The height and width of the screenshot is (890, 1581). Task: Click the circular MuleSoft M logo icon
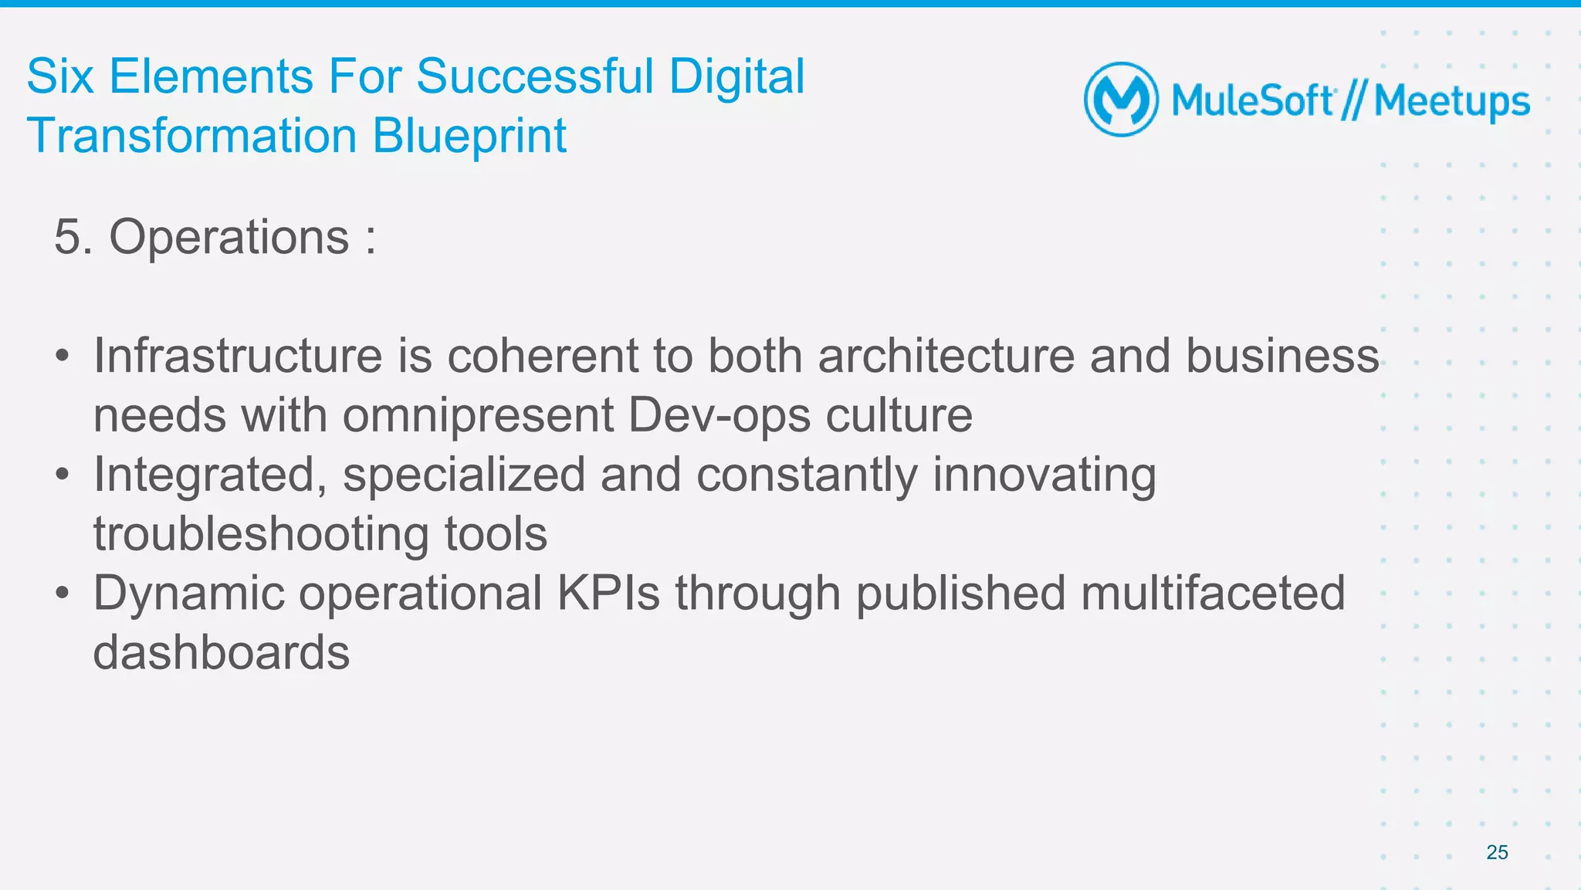[x=1121, y=100]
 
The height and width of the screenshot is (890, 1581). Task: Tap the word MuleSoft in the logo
[x=1251, y=101]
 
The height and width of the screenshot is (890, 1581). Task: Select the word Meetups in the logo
[x=1452, y=103]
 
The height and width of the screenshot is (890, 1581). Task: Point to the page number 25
[x=1497, y=852]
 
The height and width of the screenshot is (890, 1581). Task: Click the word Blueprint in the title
[x=469, y=137]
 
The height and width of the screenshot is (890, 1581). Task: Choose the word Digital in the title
[x=736, y=77]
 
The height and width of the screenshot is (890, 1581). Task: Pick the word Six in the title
[x=60, y=77]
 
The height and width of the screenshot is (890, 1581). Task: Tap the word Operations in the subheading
[x=229, y=237]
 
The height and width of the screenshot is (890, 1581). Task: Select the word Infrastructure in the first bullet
[x=238, y=356]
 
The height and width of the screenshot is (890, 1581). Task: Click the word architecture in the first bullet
[x=946, y=356]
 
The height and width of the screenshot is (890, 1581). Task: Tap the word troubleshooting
[x=261, y=535]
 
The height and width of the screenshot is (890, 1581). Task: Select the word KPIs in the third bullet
[x=608, y=594]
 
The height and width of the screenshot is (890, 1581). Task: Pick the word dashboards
[x=222, y=653]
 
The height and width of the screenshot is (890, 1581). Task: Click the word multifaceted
[x=1213, y=594]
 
